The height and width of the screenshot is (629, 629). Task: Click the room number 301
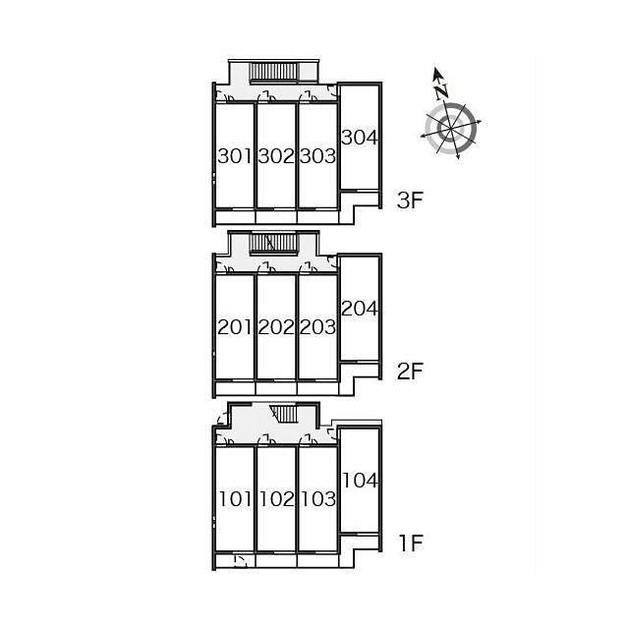click(234, 156)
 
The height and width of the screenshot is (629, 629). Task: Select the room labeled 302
click(276, 156)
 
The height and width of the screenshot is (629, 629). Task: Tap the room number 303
click(317, 156)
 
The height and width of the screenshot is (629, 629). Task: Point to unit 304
click(360, 138)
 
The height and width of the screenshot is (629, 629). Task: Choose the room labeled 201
click(234, 327)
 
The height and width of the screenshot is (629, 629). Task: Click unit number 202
click(276, 327)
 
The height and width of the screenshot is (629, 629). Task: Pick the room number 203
click(317, 327)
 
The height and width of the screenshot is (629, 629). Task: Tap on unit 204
click(360, 309)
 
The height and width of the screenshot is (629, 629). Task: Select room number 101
click(235, 499)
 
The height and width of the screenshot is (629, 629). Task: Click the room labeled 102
click(277, 499)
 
